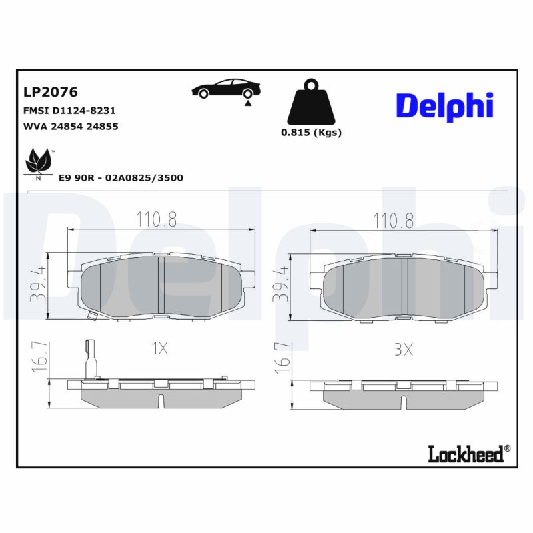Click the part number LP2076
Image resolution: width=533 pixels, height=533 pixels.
(51, 92)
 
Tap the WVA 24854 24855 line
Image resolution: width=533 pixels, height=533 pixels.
(71, 126)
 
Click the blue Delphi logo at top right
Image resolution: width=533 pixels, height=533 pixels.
(444, 105)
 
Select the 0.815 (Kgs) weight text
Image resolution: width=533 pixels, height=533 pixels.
(311, 132)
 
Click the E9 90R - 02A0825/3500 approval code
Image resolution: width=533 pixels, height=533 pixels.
(121, 178)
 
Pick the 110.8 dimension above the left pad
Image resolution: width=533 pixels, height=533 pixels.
(156, 220)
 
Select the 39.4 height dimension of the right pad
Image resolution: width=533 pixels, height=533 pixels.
(280, 284)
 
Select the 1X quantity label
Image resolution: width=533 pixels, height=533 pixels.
(159, 348)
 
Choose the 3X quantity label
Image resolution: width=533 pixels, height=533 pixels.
(403, 349)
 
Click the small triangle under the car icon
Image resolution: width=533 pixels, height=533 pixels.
(248, 103)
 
